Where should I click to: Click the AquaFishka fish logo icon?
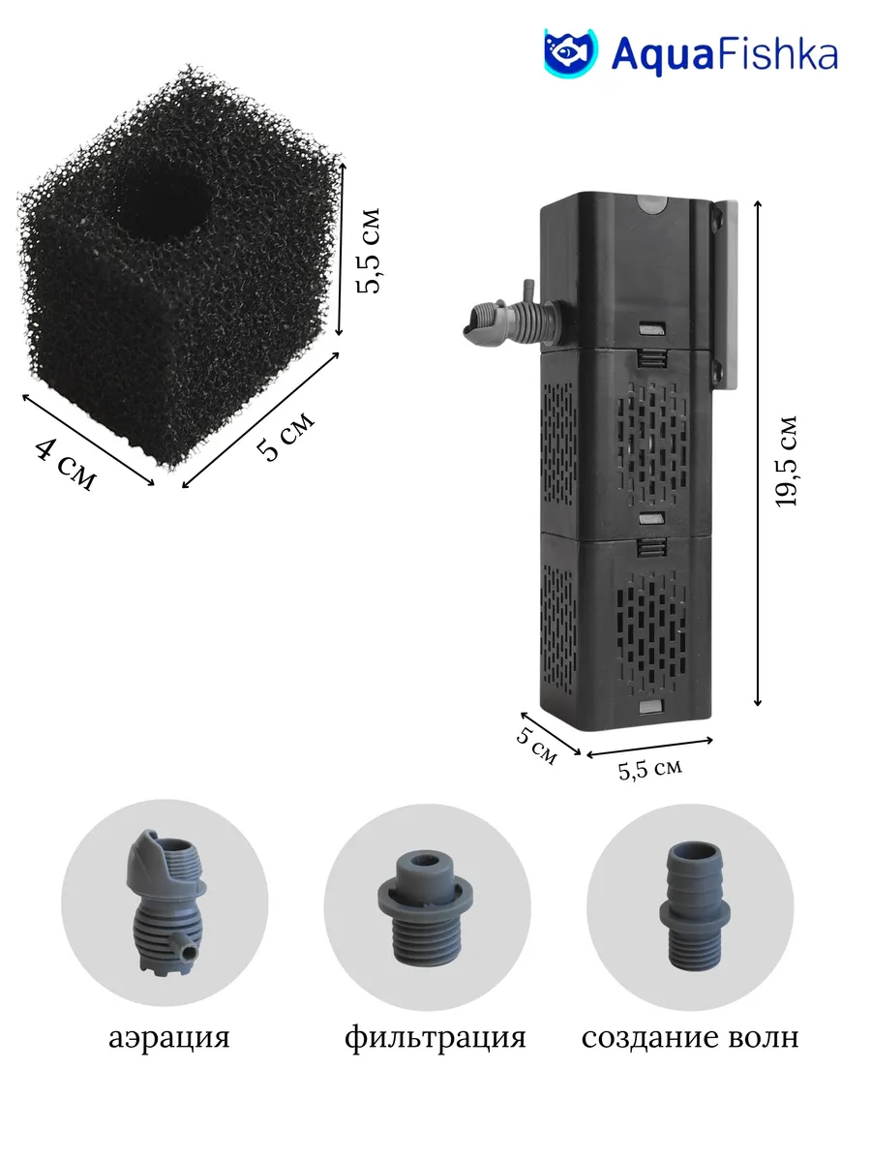[571, 52]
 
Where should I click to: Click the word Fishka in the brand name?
[778, 54]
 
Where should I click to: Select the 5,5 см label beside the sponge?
[369, 251]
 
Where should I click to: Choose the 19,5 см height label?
[785, 462]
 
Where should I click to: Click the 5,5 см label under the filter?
[650, 769]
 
